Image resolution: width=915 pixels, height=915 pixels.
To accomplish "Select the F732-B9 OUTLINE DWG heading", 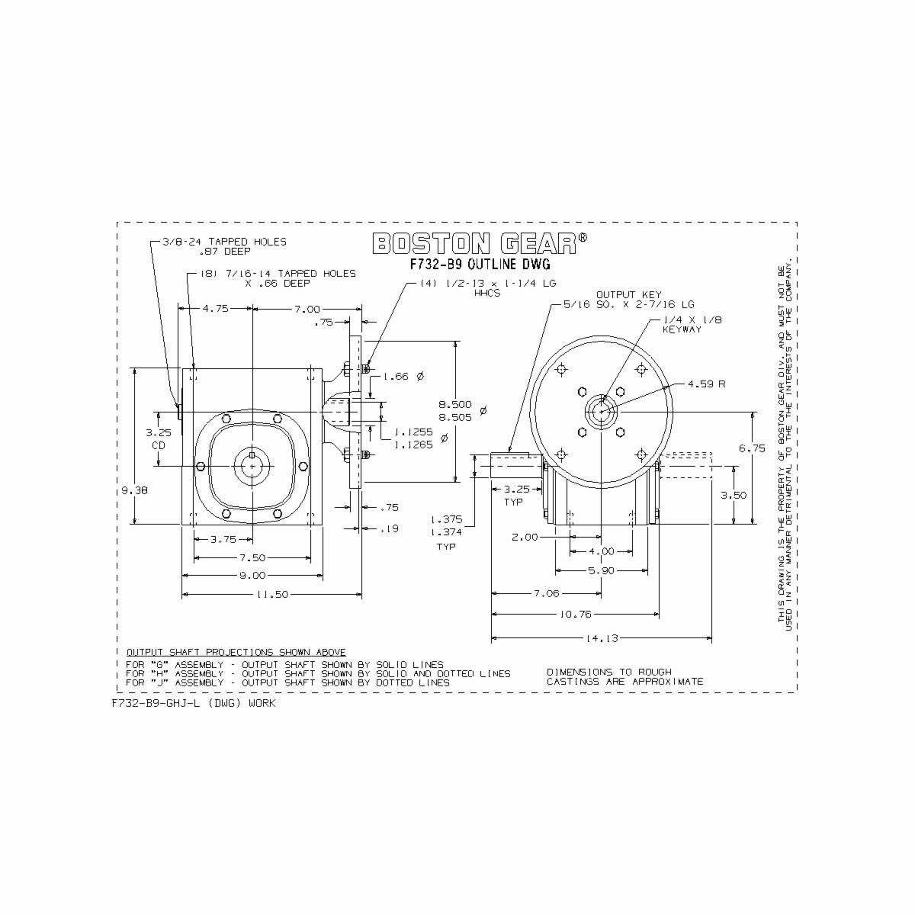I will tap(480, 265).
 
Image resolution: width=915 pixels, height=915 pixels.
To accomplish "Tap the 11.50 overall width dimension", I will tap(271, 595).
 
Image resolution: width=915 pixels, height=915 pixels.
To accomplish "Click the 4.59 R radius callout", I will tap(706, 384).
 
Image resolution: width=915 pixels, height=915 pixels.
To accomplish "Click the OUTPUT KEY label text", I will tap(628, 294).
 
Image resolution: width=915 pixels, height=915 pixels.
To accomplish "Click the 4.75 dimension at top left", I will tap(215, 309).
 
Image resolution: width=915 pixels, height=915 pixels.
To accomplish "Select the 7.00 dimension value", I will tap(307, 309).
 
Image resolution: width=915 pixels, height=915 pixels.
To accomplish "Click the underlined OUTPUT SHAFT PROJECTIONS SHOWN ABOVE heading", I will tap(236, 652).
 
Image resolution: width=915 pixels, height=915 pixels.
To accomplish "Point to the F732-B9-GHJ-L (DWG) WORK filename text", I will tap(194, 703).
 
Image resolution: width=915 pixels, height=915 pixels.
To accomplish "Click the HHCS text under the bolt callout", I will tap(487, 293).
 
